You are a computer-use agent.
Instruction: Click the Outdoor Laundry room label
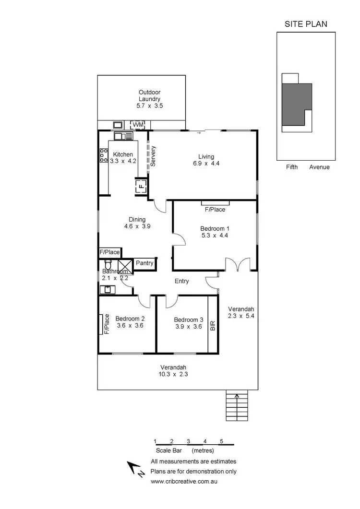149,95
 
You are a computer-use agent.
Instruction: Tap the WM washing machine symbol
138,125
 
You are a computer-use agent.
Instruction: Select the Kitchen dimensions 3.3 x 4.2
123,161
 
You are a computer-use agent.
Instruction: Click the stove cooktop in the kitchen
104,156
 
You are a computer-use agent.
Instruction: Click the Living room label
206,156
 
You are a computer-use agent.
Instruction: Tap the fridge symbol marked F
142,186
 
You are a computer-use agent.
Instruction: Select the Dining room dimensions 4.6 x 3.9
138,226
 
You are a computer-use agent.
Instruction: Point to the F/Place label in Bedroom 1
215,210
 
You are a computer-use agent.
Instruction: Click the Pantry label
144,263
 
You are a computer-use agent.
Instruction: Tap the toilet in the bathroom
108,265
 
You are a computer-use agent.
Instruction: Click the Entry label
182,281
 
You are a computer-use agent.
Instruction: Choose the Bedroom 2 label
130,319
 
